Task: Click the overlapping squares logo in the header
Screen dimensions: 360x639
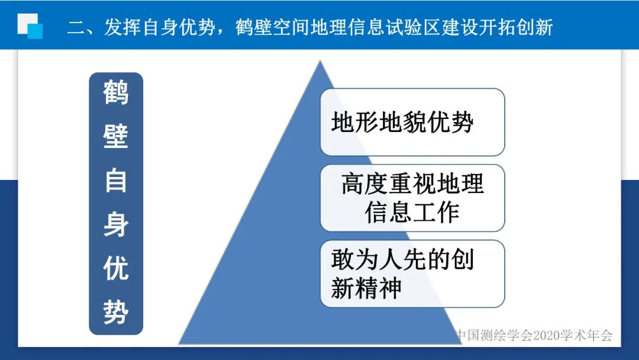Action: [30, 25]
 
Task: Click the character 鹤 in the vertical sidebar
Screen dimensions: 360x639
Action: [116, 93]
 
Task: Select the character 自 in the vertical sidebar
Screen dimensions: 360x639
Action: [116, 181]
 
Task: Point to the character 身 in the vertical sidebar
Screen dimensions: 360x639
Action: [116, 225]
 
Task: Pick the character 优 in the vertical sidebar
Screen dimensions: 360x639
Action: [116, 268]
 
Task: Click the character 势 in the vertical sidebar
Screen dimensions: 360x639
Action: [116, 312]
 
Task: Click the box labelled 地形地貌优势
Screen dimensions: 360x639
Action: [412, 123]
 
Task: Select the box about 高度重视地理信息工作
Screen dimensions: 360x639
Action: [412, 198]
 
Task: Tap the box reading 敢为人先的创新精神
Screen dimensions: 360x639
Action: [412, 274]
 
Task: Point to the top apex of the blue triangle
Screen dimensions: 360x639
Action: [320, 61]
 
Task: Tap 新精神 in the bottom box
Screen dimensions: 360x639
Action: [366, 288]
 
